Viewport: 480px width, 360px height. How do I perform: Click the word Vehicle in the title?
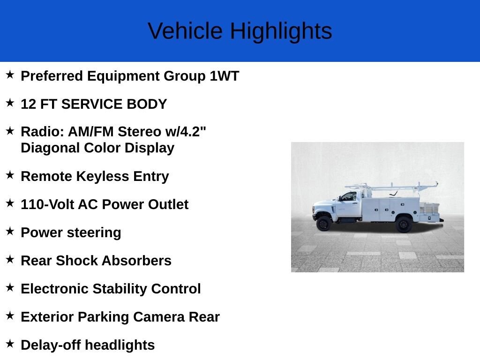coord(185,30)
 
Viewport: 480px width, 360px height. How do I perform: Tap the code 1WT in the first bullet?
coord(225,76)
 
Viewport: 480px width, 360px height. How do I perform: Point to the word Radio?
coord(42,132)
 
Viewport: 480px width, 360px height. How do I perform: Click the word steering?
coord(94,233)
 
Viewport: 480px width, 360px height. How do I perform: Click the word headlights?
coord(120,345)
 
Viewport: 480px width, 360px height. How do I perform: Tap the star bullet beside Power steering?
coord(10,232)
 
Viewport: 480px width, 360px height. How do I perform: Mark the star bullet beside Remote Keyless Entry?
coord(10,175)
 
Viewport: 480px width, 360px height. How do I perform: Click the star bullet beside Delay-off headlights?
coord(10,344)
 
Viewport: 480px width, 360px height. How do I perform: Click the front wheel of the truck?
coord(323,224)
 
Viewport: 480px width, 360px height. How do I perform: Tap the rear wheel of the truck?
coord(404,225)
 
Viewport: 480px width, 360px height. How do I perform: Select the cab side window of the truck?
coord(349,196)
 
